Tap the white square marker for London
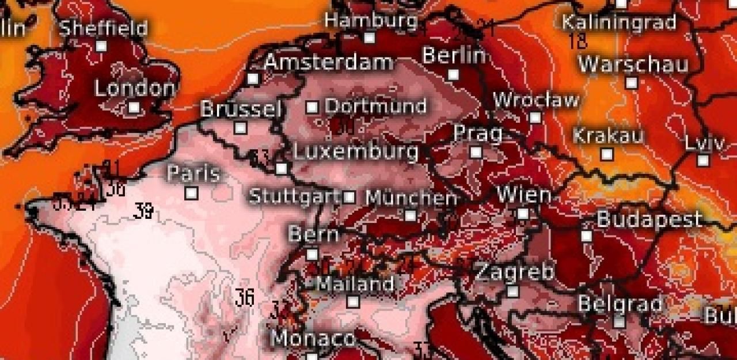point(134,107)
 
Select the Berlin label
point(454,56)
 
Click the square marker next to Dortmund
point(312,107)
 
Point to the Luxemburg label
point(355,152)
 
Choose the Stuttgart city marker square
point(349,197)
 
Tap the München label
point(411,198)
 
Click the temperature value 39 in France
point(143,211)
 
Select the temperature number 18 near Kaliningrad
point(578,41)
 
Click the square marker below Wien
point(523,214)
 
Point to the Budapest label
point(649,219)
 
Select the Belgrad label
point(620,304)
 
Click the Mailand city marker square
point(354,301)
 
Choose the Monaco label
point(313,339)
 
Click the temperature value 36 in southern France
point(244,298)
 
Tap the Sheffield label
point(104,28)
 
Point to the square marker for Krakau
point(607,154)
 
